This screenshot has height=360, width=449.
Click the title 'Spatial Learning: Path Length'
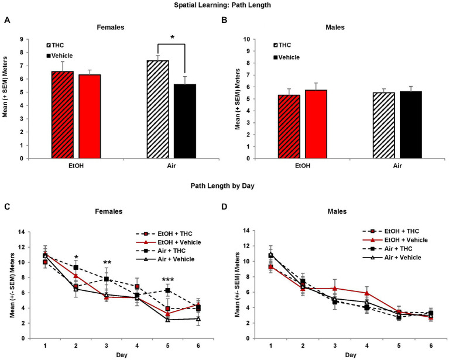coord(224,5)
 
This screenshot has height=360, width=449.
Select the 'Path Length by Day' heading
coord(224,187)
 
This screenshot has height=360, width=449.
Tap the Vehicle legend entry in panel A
coord(61,55)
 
